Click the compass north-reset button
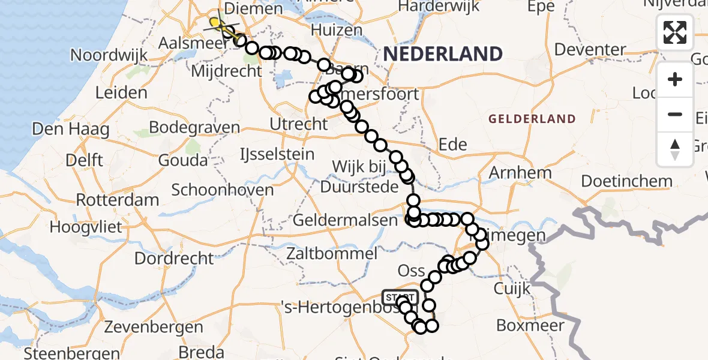pyautogui.click(x=675, y=149)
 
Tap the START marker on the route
pyautogui.click(x=400, y=298)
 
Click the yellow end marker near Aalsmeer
pyautogui.click(x=215, y=23)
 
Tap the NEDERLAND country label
pyautogui.click(x=443, y=55)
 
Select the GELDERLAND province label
pyautogui.click(x=532, y=119)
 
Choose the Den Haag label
pyautogui.click(x=62, y=129)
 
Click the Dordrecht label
pyautogui.click(x=174, y=259)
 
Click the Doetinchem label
pyautogui.click(x=626, y=181)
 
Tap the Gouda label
pyautogui.click(x=182, y=160)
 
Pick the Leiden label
pyautogui.click(x=121, y=93)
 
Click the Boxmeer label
pyautogui.click(x=530, y=326)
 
